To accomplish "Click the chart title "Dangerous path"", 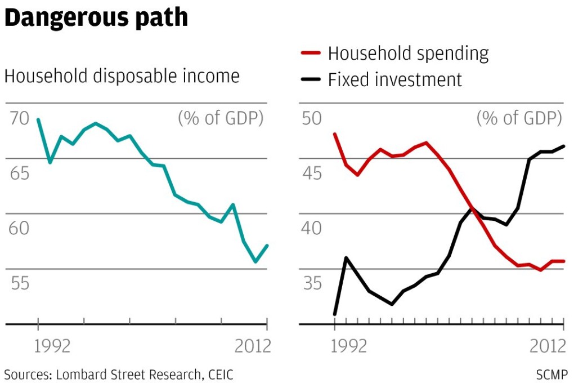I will point(96,18).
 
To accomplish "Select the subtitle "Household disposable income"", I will point(122,76).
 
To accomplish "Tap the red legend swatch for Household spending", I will point(311,54).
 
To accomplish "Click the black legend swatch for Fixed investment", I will point(311,79).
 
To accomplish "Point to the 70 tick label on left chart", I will point(19,119).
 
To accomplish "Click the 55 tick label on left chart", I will point(19,283).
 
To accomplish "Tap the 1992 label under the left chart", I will point(53,345).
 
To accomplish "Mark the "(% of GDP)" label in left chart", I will point(221,119).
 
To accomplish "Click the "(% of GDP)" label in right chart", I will point(519,119).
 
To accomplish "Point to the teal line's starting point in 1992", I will point(38,119).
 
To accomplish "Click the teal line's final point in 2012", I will point(267,246).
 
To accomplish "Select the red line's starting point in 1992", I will point(335,134).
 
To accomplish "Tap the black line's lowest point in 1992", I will point(335,314).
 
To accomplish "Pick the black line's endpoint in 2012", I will point(564,146).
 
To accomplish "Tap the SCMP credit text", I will point(553,374).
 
